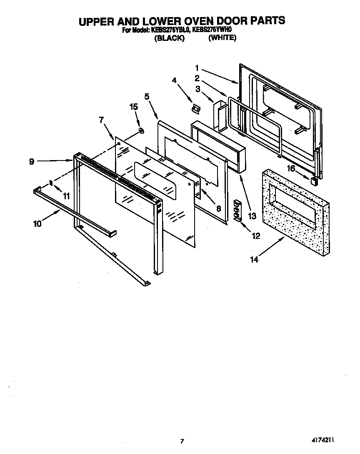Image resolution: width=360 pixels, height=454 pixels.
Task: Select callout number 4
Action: (x=175, y=81)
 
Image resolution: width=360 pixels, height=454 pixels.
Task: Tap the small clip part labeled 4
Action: (x=195, y=108)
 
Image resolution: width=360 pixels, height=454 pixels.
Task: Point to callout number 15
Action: (x=133, y=107)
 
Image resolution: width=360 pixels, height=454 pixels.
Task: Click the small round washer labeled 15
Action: (x=141, y=131)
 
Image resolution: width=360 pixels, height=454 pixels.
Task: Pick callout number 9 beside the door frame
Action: (x=32, y=162)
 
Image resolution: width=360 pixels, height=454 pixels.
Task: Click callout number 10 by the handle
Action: (x=37, y=223)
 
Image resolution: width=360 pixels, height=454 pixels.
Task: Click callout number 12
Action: (x=255, y=236)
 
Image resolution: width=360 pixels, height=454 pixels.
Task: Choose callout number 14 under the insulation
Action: (x=254, y=259)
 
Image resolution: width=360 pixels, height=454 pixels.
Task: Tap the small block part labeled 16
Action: (x=314, y=180)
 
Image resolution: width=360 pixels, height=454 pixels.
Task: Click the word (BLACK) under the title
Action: (x=169, y=38)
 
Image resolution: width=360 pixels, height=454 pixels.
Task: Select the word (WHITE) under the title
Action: (x=222, y=38)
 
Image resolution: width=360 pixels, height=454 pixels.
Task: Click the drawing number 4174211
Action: (x=322, y=440)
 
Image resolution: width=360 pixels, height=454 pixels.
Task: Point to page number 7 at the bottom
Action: (x=182, y=441)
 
